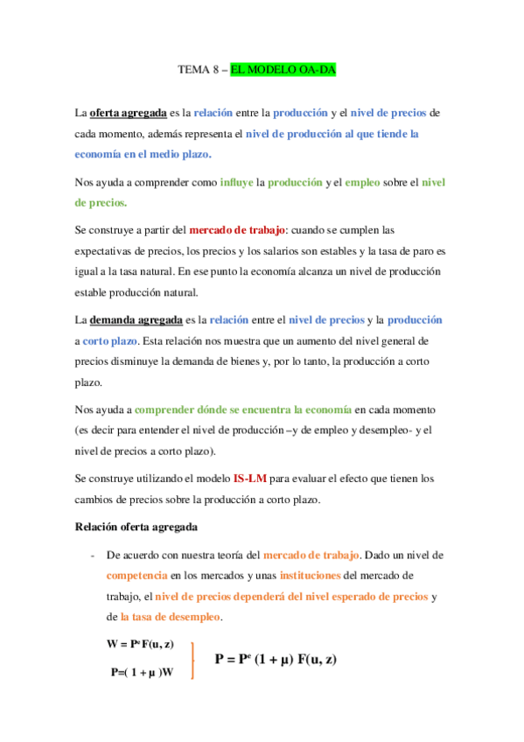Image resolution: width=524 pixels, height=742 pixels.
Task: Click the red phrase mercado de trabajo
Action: pos(237,230)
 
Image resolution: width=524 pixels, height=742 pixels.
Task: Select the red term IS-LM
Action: pos(249,479)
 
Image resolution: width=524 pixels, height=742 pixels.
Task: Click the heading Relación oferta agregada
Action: pos(136,527)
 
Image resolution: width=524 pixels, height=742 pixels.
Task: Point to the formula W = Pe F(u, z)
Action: pos(140,644)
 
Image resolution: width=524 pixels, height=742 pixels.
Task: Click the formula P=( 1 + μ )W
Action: pos(143,672)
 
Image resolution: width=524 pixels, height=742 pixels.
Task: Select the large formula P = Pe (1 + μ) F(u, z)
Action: pos(276,659)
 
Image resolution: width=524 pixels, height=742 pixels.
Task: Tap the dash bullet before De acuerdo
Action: pos(92,556)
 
